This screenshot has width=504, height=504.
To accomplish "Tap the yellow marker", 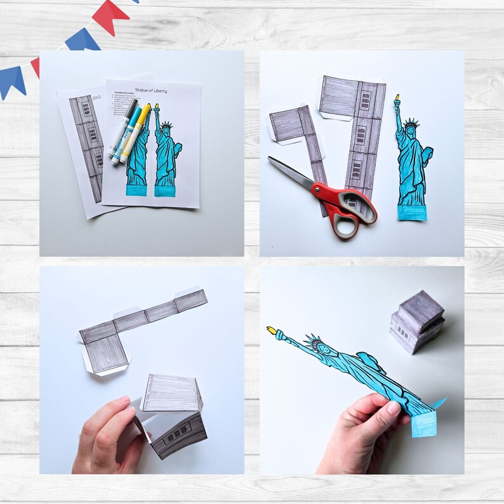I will (x=137, y=131).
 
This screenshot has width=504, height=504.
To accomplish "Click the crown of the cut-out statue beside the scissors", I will (x=409, y=122).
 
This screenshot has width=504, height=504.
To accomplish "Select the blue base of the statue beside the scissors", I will (x=412, y=213).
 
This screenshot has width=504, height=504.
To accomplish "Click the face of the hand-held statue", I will (x=321, y=348).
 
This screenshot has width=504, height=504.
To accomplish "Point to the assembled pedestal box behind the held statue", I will (x=416, y=321).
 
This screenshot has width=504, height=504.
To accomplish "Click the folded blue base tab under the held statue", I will (x=424, y=424).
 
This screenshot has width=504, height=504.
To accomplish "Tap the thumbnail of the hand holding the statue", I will (x=393, y=409).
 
